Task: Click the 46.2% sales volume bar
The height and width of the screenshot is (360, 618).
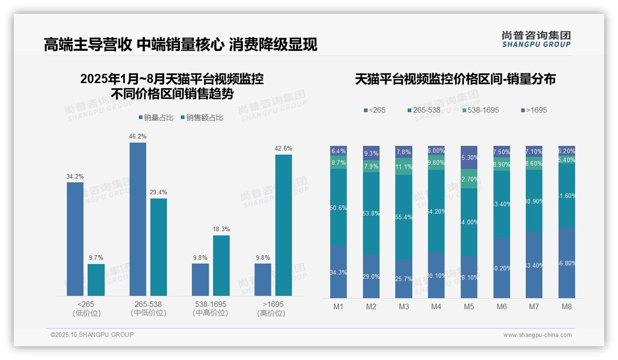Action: pyautogui.click(x=138, y=219)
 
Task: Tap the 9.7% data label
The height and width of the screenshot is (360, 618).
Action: pyautogui.click(x=96, y=258)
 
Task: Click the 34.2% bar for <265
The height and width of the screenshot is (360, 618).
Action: pyautogui.click(x=75, y=239)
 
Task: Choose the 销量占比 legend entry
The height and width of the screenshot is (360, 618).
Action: pyautogui.click(x=156, y=118)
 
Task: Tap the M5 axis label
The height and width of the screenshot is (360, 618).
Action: pyautogui.click(x=469, y=306)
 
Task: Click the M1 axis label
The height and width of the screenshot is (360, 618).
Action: pyautogui.click(x=338, y=306)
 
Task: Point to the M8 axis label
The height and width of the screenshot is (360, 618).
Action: pyautogui.click(x=567, y=306)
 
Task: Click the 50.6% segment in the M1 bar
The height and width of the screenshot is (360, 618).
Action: pyautogui.click(x=339, y=208)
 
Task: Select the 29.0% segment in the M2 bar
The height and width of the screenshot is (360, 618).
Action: pyautogui.click(x=371, y=276)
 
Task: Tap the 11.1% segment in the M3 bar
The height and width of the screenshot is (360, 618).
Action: pyautogui.click(x=404, y=167)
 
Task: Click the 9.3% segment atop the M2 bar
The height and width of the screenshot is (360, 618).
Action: pyautogui.click(x=371, y=153)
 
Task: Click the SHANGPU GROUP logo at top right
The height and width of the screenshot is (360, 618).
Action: pyautogui.click(x=536, y=39)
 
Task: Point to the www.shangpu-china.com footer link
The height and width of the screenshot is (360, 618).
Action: pyautogui.click(x=537, y=335)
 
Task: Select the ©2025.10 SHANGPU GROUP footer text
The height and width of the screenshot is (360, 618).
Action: pyautogui.click(x=92, y=335)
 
